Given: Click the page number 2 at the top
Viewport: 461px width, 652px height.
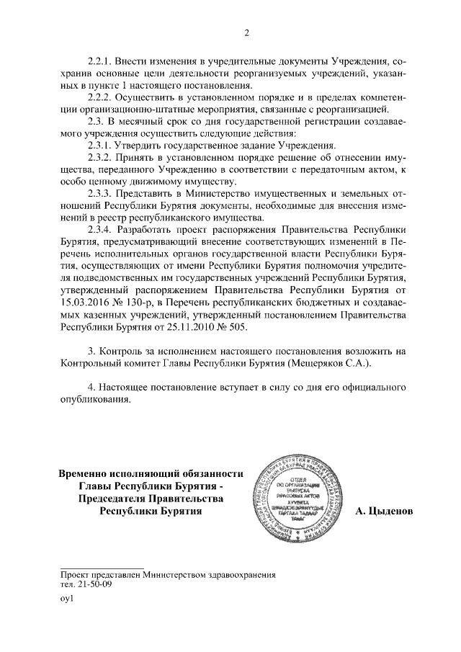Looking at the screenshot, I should click(x=246, y=32).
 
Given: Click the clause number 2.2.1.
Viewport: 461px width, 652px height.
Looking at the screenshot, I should click(x=102, y=58).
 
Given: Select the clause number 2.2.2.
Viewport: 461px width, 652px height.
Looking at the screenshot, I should click(x=102, y=97).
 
